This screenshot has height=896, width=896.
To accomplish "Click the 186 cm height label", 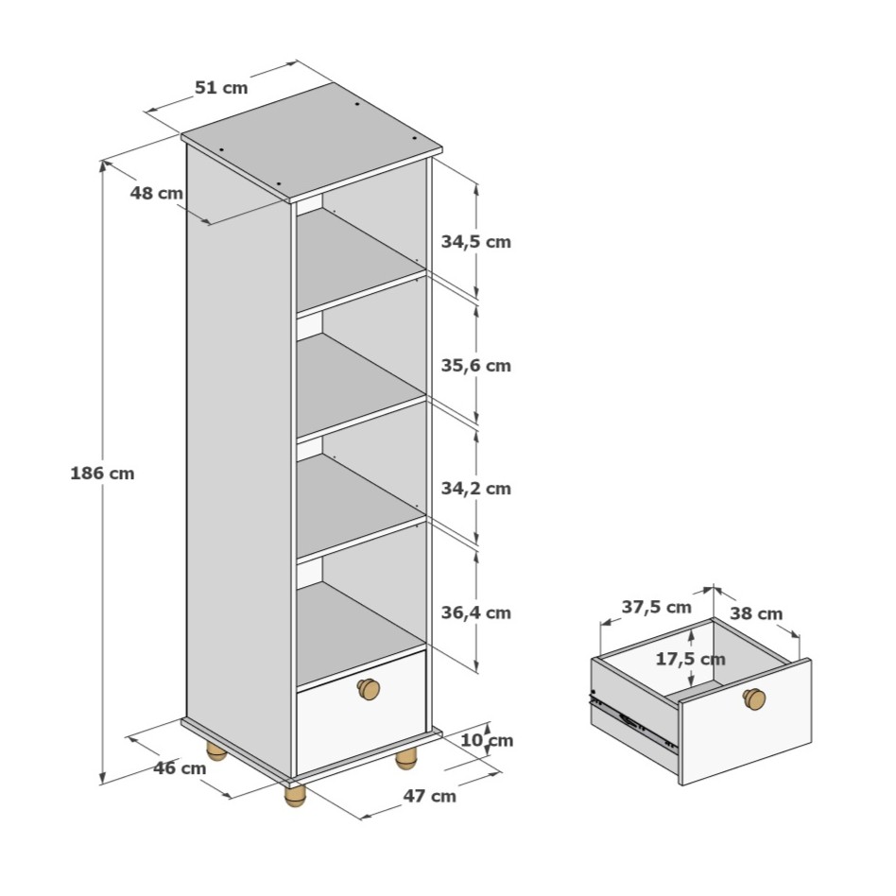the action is pos(102,474).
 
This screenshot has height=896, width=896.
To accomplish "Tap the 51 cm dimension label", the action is pos(221,88).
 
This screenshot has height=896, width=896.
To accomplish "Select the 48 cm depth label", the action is pos(157,193).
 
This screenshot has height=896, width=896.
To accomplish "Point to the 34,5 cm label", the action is pos(475,242).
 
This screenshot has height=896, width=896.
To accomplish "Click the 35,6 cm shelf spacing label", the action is pos(475,365).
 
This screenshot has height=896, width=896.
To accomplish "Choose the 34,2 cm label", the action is pos(475,489).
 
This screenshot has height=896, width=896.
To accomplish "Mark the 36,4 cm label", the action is pos(475,612).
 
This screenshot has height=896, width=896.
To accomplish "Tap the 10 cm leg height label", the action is pos(487,740).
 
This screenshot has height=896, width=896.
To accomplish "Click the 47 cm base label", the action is pos(430,796).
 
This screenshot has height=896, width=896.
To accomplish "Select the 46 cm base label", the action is pos(180,768).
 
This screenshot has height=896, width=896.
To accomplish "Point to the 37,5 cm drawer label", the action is pos(657,607).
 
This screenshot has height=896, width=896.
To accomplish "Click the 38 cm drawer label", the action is pos(756,613).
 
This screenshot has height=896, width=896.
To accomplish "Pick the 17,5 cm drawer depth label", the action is pos(690,659).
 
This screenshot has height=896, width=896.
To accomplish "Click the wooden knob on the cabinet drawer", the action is pos(369,689).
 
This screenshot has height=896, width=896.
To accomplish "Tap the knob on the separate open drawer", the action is pos(754,698).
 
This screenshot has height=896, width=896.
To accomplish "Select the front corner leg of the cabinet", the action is pos(296,796).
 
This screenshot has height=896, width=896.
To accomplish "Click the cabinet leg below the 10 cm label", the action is pos(406,760).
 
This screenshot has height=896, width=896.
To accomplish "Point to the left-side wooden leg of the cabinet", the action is pos(216,750).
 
